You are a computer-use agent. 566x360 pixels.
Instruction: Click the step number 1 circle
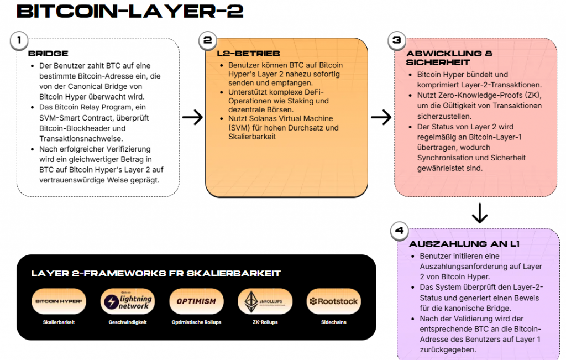pyautogui.click(x=19, y=40)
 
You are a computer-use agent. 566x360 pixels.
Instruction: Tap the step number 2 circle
pyautogui.click(x=207, y=40)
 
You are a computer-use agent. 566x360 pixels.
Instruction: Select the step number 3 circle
pyautogui.click(x=396, y=40)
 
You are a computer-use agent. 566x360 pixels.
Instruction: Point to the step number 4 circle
pyautogui.click(x=399, y=231)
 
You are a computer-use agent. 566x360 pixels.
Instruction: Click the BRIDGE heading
pyautogui.click(x=48, y=54)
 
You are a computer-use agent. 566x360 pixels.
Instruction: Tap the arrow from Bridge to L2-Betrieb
pyautogui.click(x=192, y=117)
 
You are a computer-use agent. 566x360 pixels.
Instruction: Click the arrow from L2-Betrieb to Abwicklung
pyautogui.click(x=381, y=117)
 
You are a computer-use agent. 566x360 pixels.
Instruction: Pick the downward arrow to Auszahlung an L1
pyautogui.click(x=479, y=213)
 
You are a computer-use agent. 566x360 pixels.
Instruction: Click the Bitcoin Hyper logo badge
pyautogui.click(x=59, y=301)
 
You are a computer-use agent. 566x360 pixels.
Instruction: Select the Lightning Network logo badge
pyautogui.click(x=128, y=301)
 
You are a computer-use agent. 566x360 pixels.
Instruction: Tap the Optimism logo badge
pyautogui.click(x=196, y=301)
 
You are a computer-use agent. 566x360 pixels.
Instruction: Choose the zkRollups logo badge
pyautogui.click(x=265, y=301)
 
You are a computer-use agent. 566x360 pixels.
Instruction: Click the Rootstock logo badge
pyautogui.click(x=333, y=301)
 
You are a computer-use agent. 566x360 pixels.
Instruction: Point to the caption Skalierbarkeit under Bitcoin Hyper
pyautogui.click(x=59, y=322)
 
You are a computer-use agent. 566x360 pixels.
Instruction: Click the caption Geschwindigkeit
pyautogui.click(x=128, y=322)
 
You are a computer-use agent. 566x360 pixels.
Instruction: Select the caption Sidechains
pyautogui.click(x=333, y=322)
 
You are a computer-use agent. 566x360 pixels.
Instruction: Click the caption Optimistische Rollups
pyautogui.click(x=196, y=322)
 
